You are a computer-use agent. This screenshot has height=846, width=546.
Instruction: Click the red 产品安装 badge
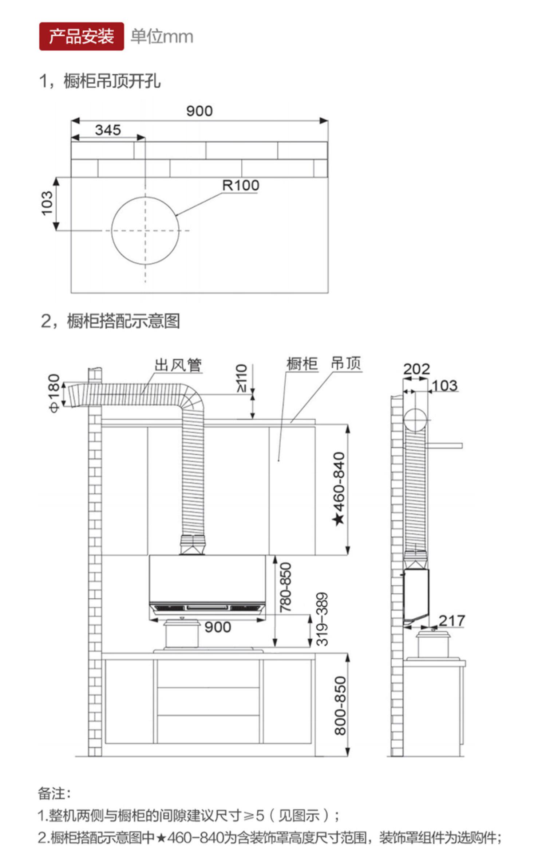[x=81, y=36]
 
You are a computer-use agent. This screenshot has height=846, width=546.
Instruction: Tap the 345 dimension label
[x=108, y=130]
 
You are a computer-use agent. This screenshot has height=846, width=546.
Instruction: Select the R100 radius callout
[x=241, y=185]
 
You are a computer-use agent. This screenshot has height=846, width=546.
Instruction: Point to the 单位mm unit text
[x=162, y=37]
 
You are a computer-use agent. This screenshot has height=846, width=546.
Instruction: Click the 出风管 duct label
[x=178, y=365]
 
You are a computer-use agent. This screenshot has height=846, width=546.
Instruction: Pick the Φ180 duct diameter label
[x=54, y=393]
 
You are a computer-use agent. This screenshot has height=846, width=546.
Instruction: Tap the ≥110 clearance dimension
[x=242, y=378]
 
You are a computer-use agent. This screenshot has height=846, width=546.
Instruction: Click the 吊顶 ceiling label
[x=346, y=363]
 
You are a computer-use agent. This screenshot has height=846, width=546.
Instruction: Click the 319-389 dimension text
[x=322, y=619]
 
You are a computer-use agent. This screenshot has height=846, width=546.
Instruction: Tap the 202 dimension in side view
[x=416, y=369]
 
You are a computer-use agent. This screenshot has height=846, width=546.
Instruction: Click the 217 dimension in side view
[x=452, y=620]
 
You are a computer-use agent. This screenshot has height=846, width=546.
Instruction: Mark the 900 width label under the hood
[x=218, y=627]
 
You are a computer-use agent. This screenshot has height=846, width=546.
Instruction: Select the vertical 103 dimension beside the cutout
[x=47, y=203]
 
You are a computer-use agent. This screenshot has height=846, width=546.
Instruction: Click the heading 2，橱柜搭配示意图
[x=110, y=321]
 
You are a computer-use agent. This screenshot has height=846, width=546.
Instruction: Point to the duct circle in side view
[x=415, y=420]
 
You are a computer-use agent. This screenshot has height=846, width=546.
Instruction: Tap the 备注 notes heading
[x=54, y=793]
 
